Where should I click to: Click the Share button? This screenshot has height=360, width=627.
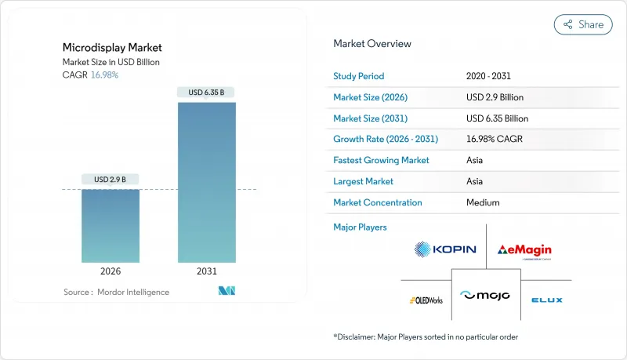coord(583,24)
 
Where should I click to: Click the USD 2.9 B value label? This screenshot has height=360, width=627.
coord(111,180)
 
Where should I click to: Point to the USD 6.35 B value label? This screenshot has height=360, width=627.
coord(207,93)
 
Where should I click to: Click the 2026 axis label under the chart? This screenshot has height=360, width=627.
coord(111,271)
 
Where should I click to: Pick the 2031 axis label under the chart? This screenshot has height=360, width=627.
coord(207,271)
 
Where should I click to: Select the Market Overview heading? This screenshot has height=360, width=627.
coord(371,44)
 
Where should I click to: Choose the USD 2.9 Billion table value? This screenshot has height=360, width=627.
coord(494,97)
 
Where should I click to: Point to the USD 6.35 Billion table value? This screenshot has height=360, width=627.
coord(497,118)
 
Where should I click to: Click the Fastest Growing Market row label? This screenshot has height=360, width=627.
coord(381,160)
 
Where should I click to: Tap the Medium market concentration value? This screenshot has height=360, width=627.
coord(483,202)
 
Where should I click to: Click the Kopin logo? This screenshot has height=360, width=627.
coord(445,250)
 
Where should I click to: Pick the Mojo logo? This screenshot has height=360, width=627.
coord(486,296)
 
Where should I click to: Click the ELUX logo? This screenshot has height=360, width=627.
coord(546,300)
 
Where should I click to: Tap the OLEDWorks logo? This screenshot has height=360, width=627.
coord(426,300)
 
